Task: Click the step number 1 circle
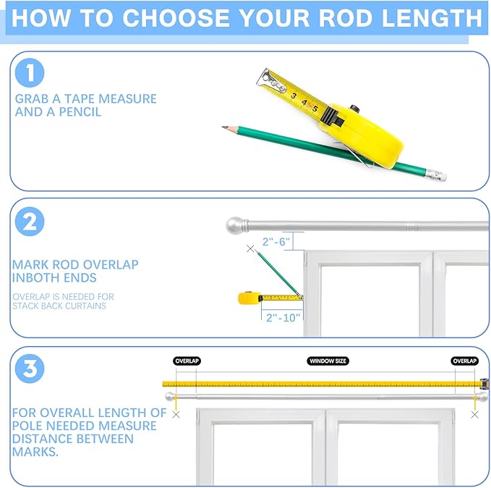(x=30, y=72)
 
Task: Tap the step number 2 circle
(x=30, y=222)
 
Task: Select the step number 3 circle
(x=30, y=369)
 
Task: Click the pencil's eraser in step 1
(x=436, y=175)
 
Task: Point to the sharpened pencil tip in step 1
(x=224, y=127)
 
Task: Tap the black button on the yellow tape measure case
(x=354, y=109)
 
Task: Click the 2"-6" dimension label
(x=276, y=242)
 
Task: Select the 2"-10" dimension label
(x=283, y=318)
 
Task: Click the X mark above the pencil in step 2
(x=250, y=248)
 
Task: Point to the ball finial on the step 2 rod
(x=234, y=225)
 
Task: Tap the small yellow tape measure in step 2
(x=249, y=298)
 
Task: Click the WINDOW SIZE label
(x=328, y=361)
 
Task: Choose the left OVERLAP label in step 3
(x=187, y=361)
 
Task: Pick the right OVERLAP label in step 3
(x=465, y=361)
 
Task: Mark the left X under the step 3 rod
(x=176, y=415)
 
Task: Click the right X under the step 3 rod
(x=474, y=415)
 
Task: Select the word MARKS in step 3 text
(x=35, y=452)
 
